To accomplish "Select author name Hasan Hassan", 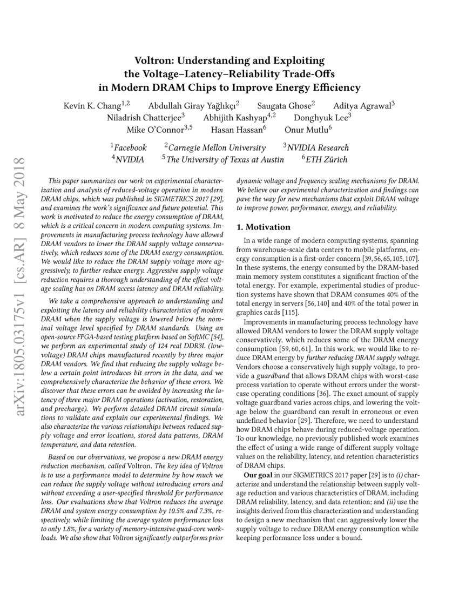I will coord(237,131).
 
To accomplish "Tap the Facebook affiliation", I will coord(130,147).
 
